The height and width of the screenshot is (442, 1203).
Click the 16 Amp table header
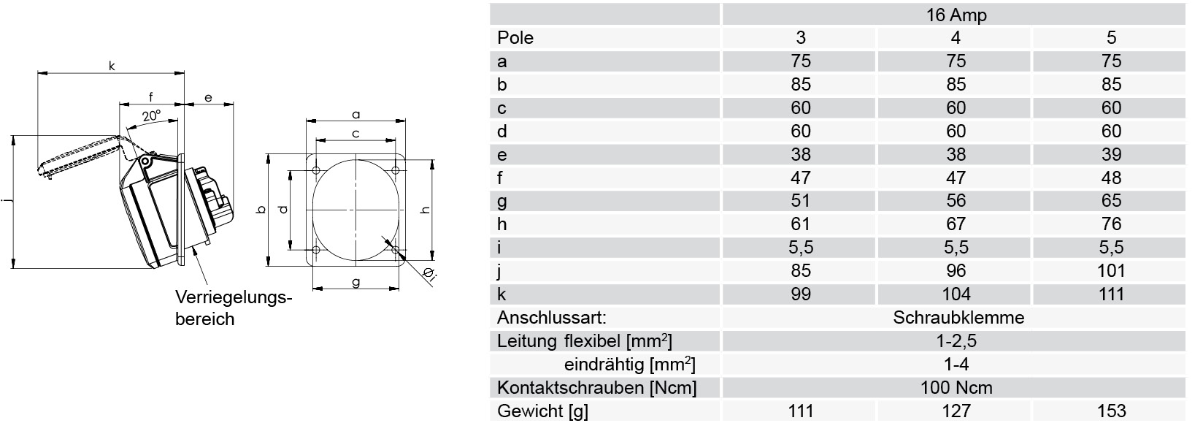click(956, 15)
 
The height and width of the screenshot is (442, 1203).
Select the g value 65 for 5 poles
click(1111, 201)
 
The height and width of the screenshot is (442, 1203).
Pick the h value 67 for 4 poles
click(956, 224)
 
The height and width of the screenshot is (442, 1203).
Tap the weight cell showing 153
click(1111, 411)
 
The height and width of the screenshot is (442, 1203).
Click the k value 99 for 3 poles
click(801, 294)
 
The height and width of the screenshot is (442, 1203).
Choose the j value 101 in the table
click(1111, 270)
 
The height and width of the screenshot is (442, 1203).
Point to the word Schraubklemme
click(958, 318)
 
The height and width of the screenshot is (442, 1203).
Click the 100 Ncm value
click(956, 388)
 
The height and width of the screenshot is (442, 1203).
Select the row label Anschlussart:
click(552, 318)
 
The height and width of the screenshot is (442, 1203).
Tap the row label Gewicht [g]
click(542, 411)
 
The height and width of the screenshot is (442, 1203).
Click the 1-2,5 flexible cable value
click(956, 341)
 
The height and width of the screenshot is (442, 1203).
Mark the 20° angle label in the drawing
click(151, 115)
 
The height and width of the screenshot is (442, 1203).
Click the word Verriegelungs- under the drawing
click(234, 297)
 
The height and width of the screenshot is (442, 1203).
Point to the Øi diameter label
click(430, 273)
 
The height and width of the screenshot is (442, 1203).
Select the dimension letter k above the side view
click(112, 66)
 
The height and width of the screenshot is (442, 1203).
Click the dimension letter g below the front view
click(355, 282)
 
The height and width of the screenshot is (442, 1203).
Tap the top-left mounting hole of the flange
click(316, 170)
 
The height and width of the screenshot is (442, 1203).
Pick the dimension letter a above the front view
click(355, 115)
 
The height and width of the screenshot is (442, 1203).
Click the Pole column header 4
click(956, 38)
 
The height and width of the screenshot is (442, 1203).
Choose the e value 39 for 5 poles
click(1111, 154)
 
